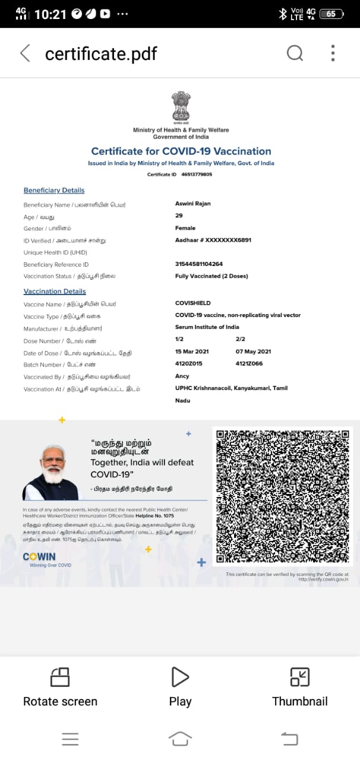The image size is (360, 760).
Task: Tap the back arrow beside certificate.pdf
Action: pyautogui.click(x=25, y=53)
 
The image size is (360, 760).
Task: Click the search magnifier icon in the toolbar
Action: pyautogui.click(x=295, y=53)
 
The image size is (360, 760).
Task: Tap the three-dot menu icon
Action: pyautogui.click(x=333, y=53)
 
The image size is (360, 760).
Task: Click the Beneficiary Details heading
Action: pyautogui.click(x=54, y=191)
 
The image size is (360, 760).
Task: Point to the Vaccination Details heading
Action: pyautogui.click(x=55, y=292)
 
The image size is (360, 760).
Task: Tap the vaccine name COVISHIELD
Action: pyautogui.click(x=192, y=303)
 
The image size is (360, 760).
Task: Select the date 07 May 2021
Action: pyautogui.click(x=254, y=352)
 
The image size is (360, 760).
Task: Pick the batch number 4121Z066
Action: pyautogui.click(x=249, y=364)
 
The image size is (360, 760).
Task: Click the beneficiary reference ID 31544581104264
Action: pyautogui.click(x=199, y=264)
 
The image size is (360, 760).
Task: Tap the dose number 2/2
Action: pyautogui.click(x=240, y=340)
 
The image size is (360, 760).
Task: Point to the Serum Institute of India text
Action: pyautogui.click(x=207, y=328)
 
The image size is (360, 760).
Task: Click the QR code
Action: pyautogui.click(x=282, y=496)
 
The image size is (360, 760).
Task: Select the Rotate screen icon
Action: pyautogui.click(x=60, y=677)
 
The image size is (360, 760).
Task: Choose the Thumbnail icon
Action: pyautogui.click(x=299, y=677)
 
